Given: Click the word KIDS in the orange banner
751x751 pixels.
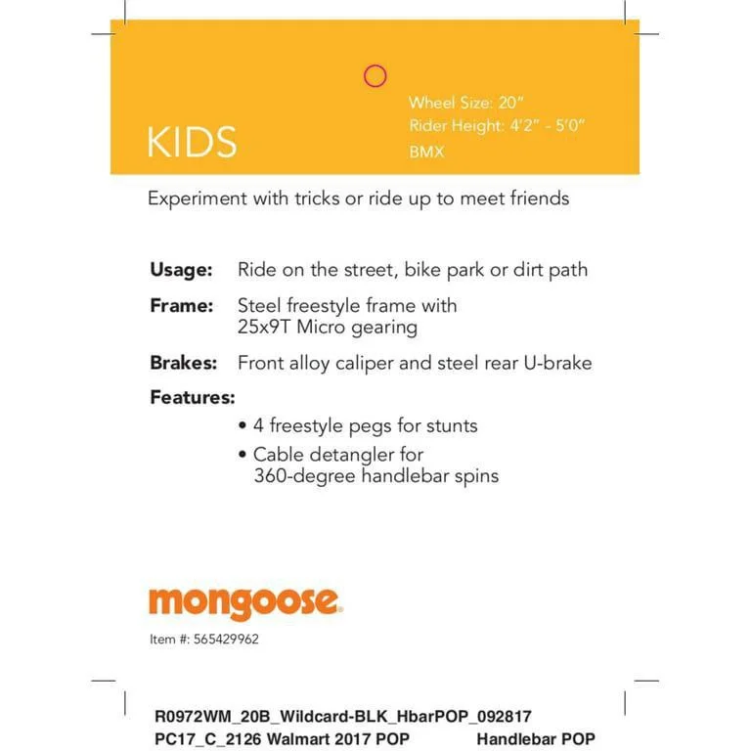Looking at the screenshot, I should click(192, 142).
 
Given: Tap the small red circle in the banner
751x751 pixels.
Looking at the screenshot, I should click(375, 76).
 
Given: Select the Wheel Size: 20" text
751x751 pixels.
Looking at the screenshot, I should click(466, 103).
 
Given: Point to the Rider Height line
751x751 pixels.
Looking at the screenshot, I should click(497, 126).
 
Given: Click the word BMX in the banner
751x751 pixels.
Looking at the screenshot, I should click(426, 152).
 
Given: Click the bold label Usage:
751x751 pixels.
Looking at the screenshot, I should click(181, 269).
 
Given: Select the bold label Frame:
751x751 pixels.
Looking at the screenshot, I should click(181, 305).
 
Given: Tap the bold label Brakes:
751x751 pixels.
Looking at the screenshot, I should click(183, 363).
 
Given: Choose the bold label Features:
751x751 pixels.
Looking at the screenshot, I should click(193, 397).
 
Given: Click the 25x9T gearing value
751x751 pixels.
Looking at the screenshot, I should click(266, 328).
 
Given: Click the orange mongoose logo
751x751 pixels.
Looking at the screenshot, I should click(245, 603).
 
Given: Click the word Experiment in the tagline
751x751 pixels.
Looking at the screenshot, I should click(197, 199).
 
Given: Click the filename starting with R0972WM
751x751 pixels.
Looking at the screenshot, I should click(343, 717).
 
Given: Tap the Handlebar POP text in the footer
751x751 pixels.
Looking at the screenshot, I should click(536, 738).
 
